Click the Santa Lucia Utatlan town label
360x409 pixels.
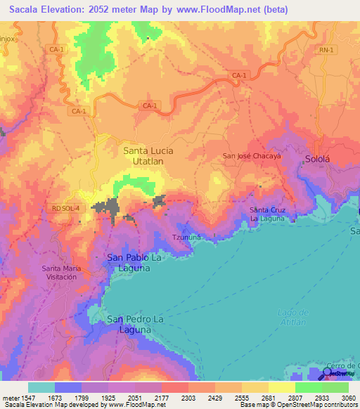[148, 155]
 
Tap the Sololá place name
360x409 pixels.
[318, 160]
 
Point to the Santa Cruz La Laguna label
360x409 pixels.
[268, 214]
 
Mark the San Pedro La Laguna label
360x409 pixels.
[130, 324]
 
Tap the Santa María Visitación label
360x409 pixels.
[62, 272]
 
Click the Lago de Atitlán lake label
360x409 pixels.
[293, 317]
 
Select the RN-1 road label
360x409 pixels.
[324, 50]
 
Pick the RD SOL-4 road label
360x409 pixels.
[65, 208]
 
